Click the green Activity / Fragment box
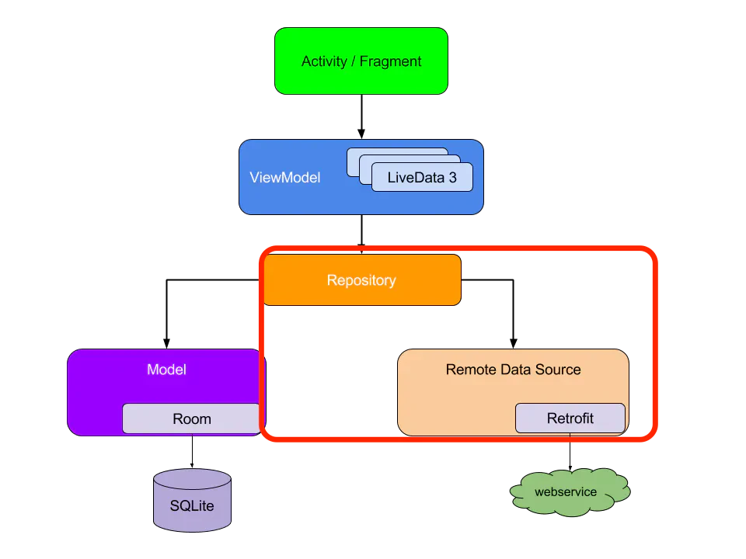(361, 61)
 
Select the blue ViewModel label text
(285, 177)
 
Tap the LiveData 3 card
(422, 177)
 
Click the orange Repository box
(362, 280)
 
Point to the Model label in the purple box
(166, 370)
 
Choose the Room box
(191, 418)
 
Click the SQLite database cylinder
(192, 500)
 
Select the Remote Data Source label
(513, 370)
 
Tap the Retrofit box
(570, 418)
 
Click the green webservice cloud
(570, 492)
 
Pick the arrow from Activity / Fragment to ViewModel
(361, 116)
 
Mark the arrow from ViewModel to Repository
(361, 234)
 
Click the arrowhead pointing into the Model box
(166, 344)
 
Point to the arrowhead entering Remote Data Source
(514, 344)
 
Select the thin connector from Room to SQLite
(192, 451)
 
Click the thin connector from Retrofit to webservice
(570, 452)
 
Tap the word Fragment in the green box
(390, 61)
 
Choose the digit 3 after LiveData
(452, 177)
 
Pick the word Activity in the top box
(325, 61)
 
